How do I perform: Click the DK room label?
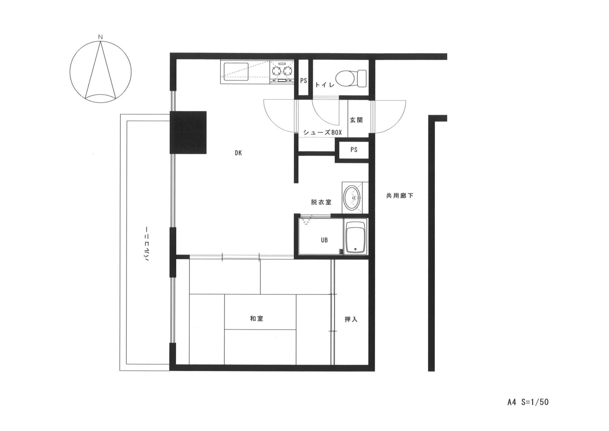click(238, 153)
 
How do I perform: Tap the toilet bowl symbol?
click(351, 78)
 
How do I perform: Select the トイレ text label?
click(324, 85)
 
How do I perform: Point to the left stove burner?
click(276, 71)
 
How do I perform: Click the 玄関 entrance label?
click(356, 120)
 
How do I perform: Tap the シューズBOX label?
click(322, 132)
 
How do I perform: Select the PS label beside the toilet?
click(303, 80)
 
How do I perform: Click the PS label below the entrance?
click(354, 149)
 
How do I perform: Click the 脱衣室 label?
click(321, 202)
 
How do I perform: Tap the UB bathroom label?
click(324, 240)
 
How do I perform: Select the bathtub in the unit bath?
click(355, 237)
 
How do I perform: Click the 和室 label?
click(256, 318)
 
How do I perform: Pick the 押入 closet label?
click(351, 319)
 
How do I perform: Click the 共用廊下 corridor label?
click(400, 196)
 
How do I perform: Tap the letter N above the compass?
click(100, 37)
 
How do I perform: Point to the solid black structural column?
click(188, 132)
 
